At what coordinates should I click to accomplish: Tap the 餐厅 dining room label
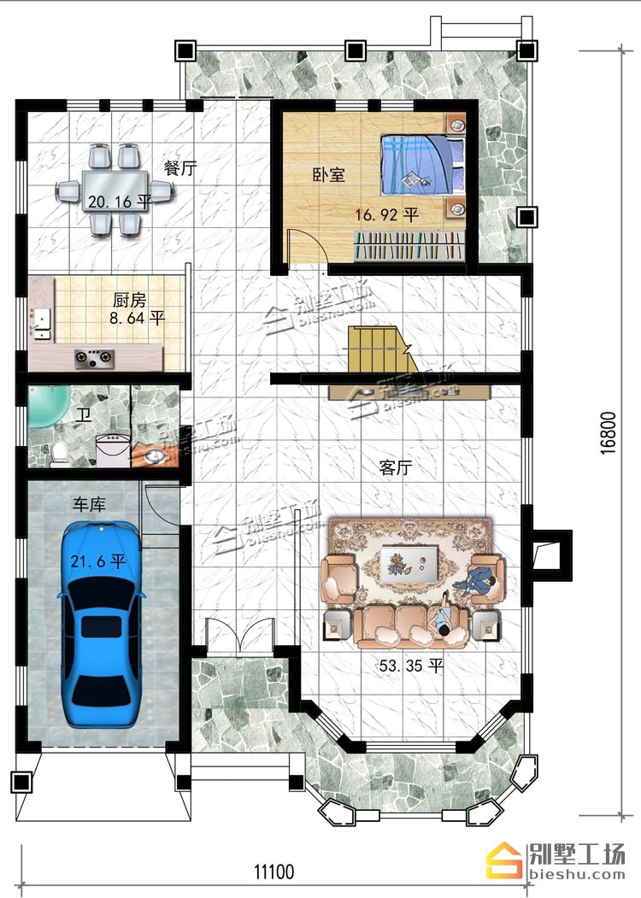[x=179, y=168]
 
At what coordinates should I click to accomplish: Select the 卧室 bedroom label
[x=329, y=174]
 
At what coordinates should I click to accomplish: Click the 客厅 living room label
[x=395, y=467]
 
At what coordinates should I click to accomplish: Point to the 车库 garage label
[x=89, y=505]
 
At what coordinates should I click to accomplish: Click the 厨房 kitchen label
[x=129, y=300]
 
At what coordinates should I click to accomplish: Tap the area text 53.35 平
[x=411, y=666]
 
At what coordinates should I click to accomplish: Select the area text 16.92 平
[x=387, y=214]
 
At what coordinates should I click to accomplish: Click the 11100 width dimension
[x=273, y=872]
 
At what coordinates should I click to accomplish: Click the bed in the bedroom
[x=423, y=165]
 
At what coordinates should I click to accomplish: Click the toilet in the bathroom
[x=60, y=453]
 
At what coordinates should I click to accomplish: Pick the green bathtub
[x=50, y=406]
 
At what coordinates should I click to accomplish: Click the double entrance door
[x=241, y=636]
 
